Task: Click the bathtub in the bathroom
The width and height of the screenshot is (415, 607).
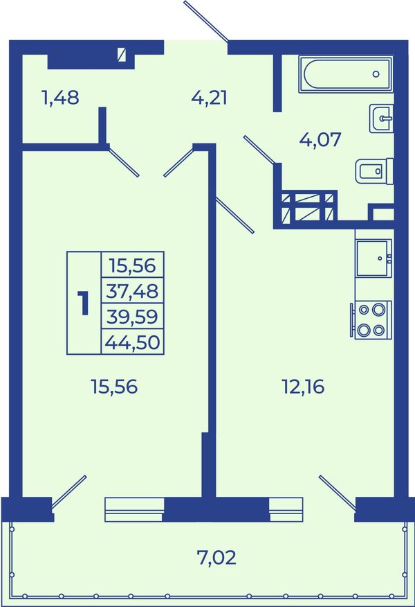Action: point(346,73)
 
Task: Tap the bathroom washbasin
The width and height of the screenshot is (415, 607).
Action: point(381,118)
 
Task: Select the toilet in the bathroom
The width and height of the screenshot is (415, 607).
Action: point(374,170)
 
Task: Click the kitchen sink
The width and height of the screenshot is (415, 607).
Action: point(373,258)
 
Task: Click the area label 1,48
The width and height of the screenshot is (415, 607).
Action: point(60,98)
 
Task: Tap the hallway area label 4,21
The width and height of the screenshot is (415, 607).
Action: point(209,98)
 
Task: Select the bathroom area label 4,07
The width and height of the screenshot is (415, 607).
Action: point(320,139)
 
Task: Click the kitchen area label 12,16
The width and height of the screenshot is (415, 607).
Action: point(304,387)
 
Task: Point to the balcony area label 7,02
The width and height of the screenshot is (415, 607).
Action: point(216,558)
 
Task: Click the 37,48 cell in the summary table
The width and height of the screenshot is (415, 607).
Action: point(132,291)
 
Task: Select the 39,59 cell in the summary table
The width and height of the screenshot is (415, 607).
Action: point(132,317)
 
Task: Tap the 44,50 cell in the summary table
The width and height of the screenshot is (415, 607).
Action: point(132,342)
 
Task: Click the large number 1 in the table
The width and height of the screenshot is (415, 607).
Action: point(84,303)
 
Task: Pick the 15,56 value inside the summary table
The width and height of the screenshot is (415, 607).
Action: point(132,265)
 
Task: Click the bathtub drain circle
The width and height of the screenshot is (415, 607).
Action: point(376,74)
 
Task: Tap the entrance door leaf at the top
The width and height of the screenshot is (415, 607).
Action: point(206,21)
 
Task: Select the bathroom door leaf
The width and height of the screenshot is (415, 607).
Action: point(259,150)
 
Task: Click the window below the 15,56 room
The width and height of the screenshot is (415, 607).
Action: point(134,510)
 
